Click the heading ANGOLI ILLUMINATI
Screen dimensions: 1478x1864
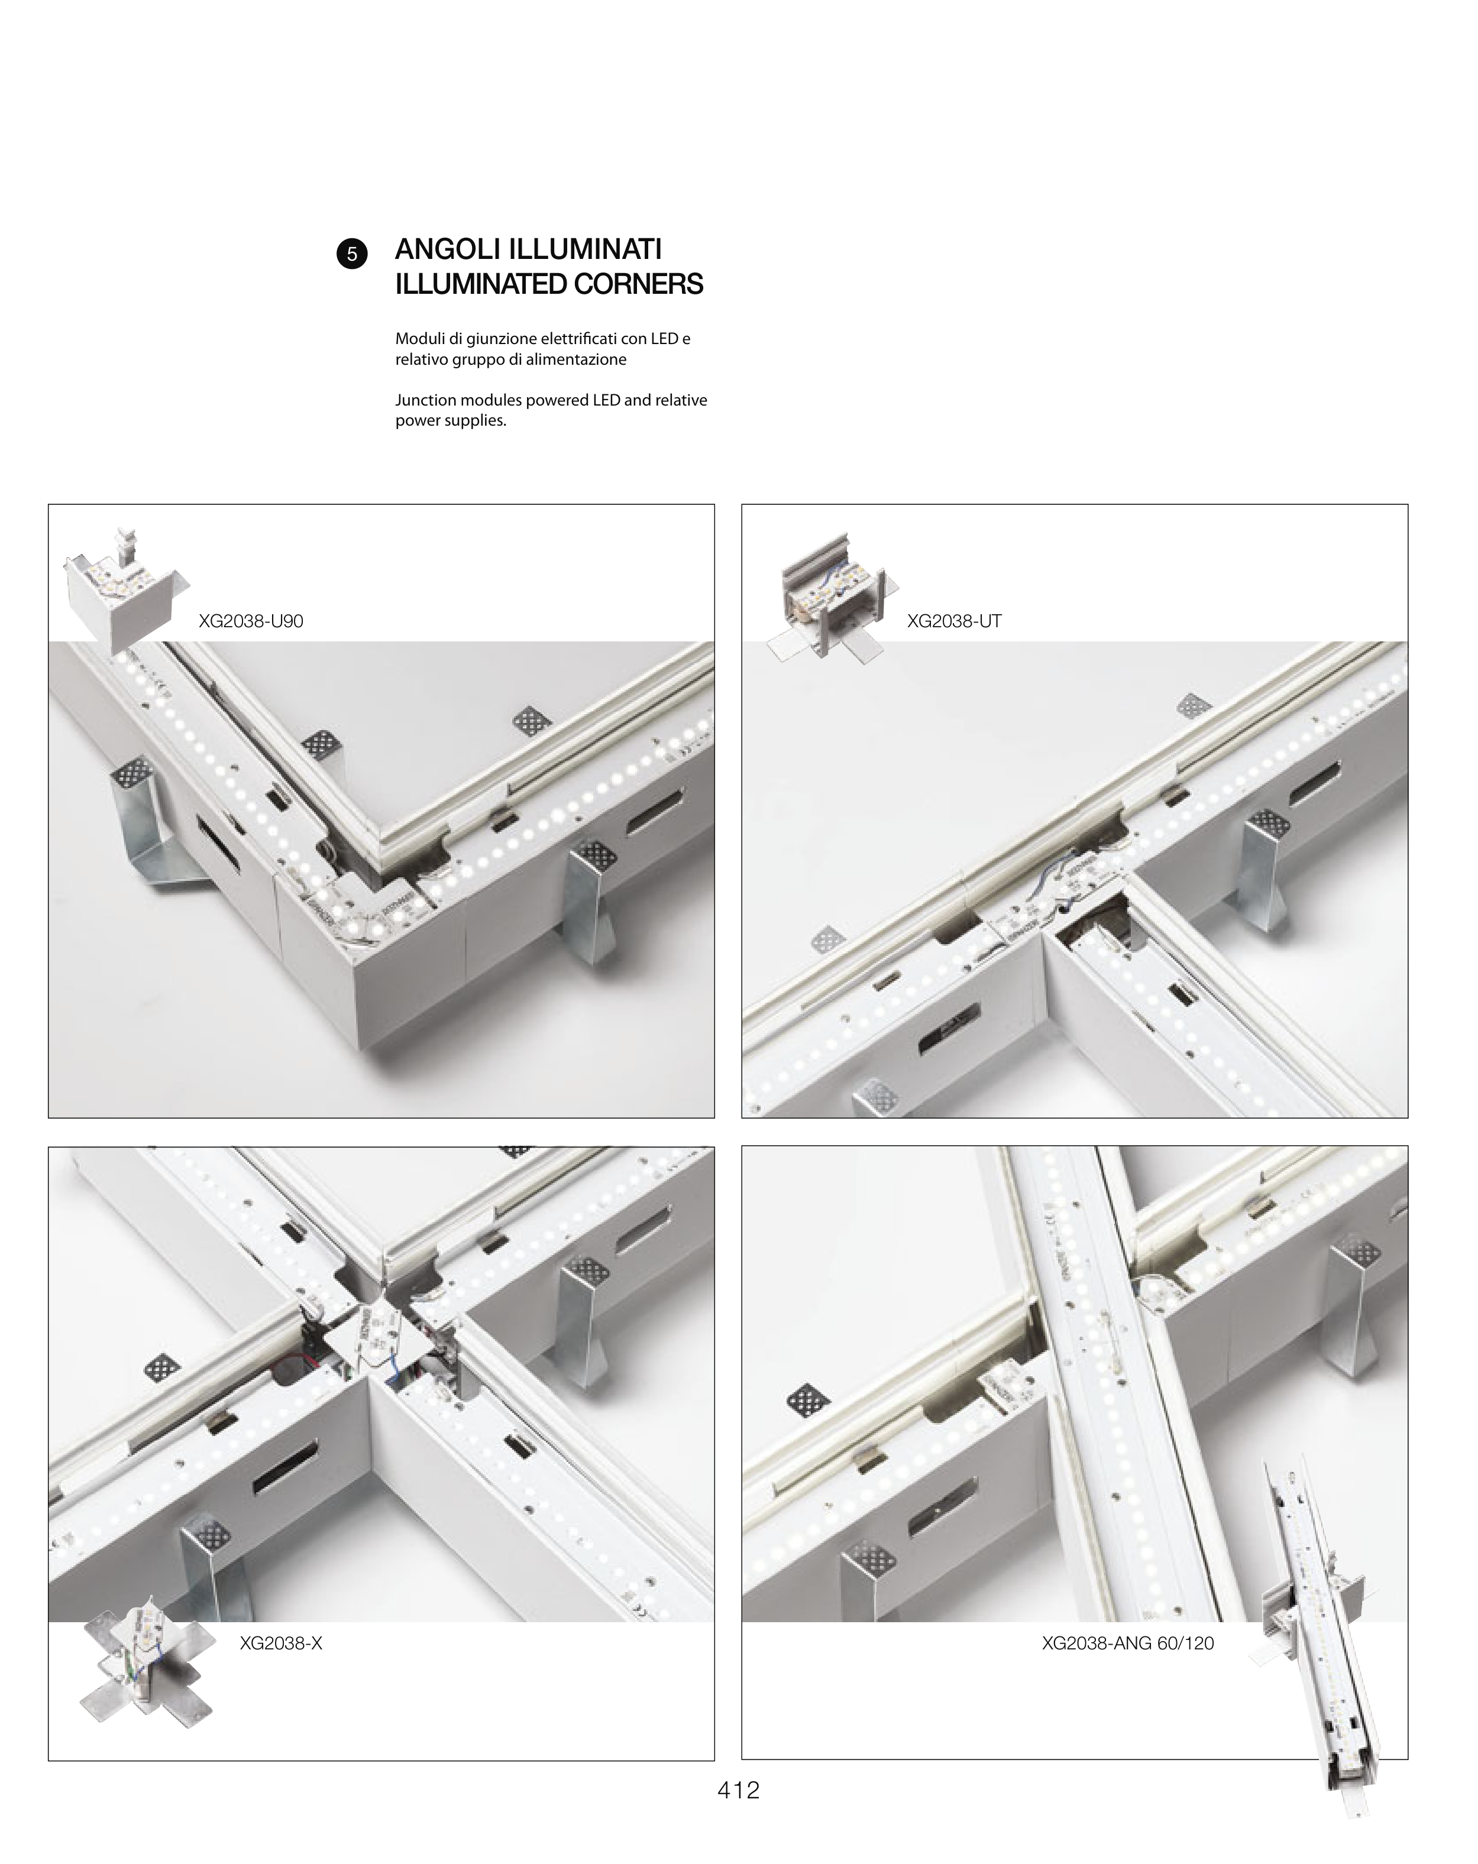click(x=528, y=249)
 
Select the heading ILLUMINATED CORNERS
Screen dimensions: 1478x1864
click(x=549, y=284)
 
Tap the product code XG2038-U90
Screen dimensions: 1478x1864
click(x=251, y=621)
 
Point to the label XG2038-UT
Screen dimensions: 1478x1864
click(x=954, y=621)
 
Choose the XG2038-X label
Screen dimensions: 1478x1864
click(x=281, y=1643)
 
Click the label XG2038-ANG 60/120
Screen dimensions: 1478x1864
click(x=1128, y=1643)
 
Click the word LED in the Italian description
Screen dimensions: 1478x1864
click(x=664, y=339)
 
